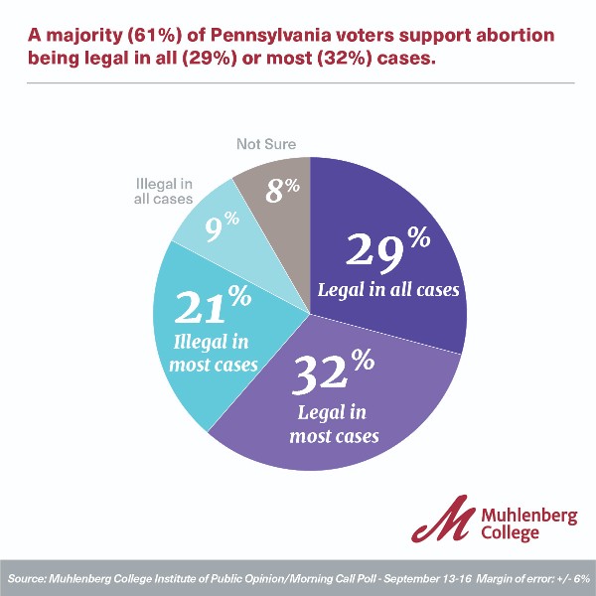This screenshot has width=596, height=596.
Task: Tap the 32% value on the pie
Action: tap(334, 376)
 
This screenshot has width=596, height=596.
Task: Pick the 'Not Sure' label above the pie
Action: tap(265, 145)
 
